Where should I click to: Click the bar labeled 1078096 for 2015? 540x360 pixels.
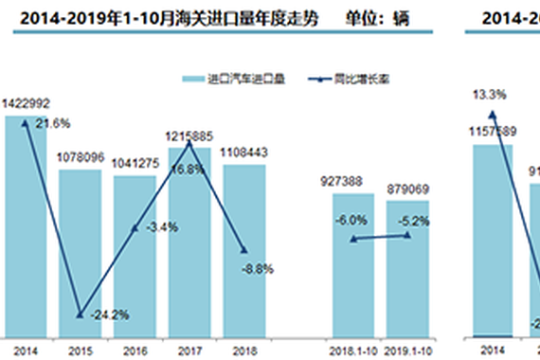click(80, 251)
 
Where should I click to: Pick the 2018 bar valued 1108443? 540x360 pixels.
click(244, 250)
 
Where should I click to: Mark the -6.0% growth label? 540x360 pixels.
click(351, 219)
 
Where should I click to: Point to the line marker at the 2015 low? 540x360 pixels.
click(80, 315)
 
